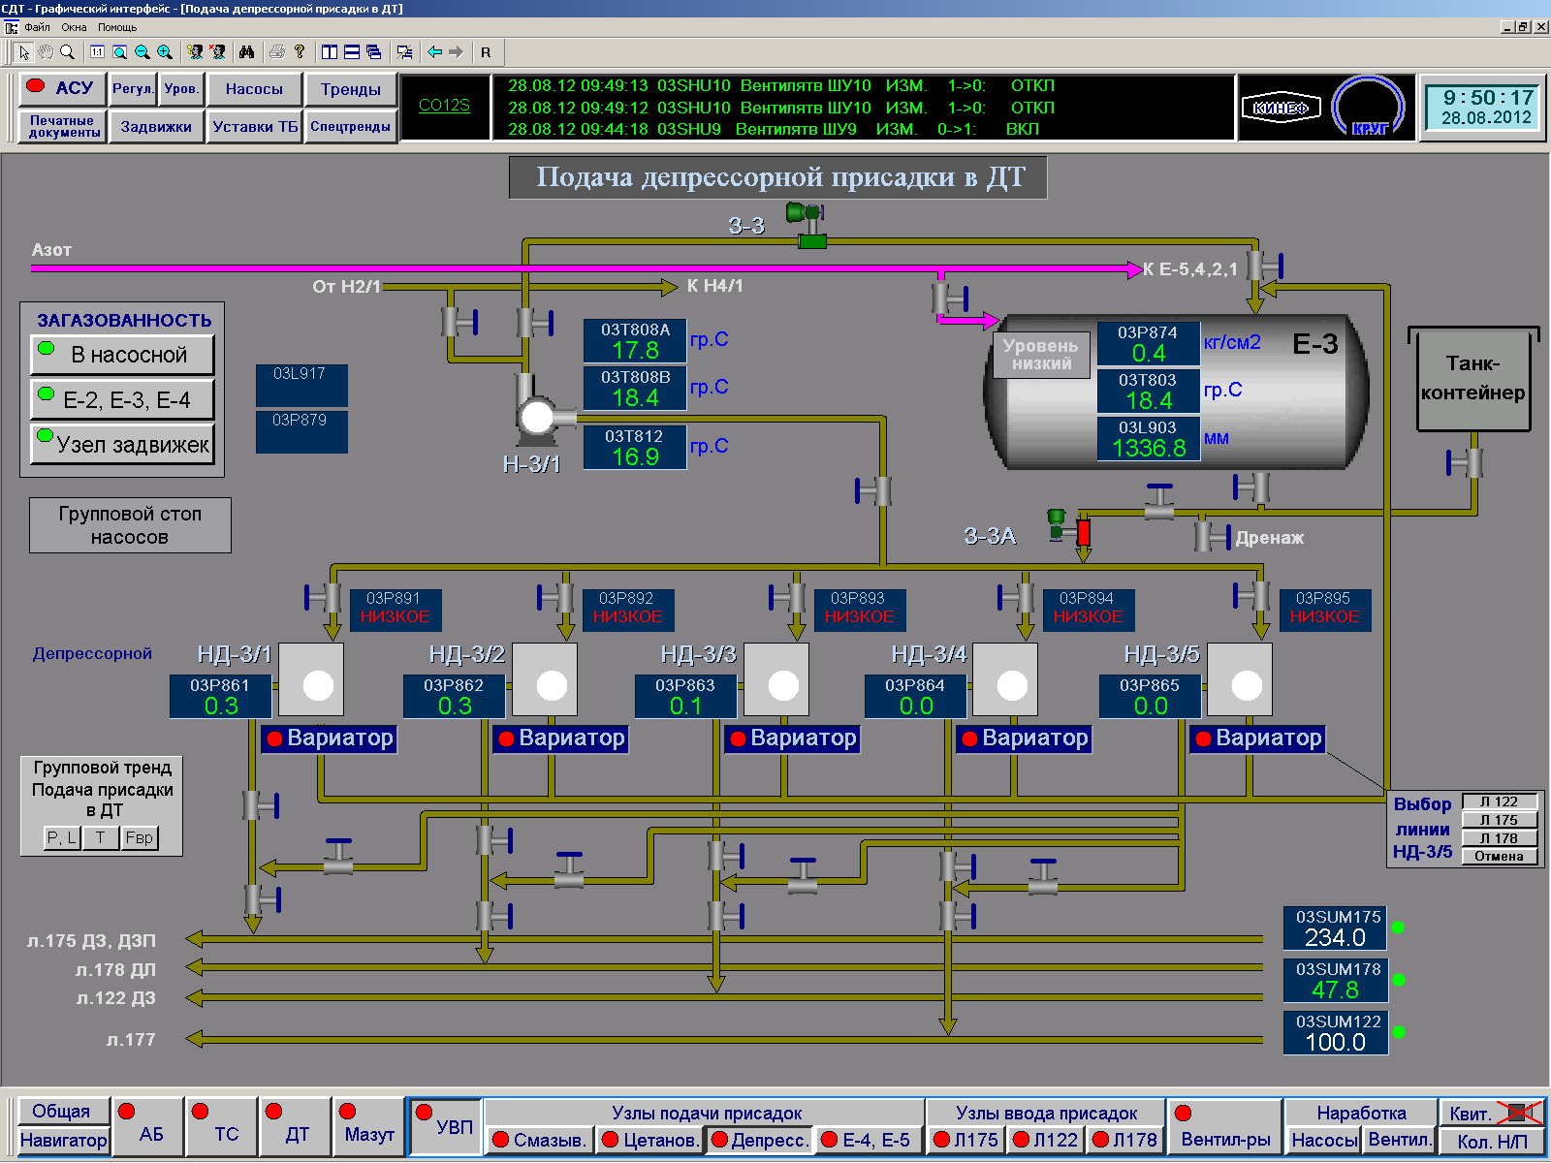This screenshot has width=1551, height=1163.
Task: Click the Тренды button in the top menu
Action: [351, 90]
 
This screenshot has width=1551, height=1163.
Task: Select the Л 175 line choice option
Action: [1499, 820]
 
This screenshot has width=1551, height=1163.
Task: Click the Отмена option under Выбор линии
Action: [1499, 856]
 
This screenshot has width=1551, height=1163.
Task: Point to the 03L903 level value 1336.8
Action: [1149, 448]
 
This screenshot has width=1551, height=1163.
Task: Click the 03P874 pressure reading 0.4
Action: [1149, 353]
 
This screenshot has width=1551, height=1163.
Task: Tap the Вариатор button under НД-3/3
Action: [793, 739]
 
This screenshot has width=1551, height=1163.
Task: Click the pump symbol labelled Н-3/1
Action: [537, 417]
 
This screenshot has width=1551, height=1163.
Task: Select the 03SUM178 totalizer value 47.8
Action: [1335, 990]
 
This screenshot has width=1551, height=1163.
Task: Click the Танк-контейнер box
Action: [1473, 379]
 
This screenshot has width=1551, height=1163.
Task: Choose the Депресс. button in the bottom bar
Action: [760, 1140]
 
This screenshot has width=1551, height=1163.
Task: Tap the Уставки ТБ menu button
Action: [255, 127]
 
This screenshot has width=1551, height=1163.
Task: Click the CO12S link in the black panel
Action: [444, 106]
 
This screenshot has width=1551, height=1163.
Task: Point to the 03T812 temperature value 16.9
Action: [635, 456]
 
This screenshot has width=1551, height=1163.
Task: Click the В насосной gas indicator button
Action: [122, 355]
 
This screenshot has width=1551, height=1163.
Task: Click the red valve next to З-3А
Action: [1083, 532]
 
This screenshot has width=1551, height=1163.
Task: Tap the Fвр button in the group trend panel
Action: [140, 838]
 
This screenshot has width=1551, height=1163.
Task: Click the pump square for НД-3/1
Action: [311, 679]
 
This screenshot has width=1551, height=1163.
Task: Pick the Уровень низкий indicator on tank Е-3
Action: [1041, 355]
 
